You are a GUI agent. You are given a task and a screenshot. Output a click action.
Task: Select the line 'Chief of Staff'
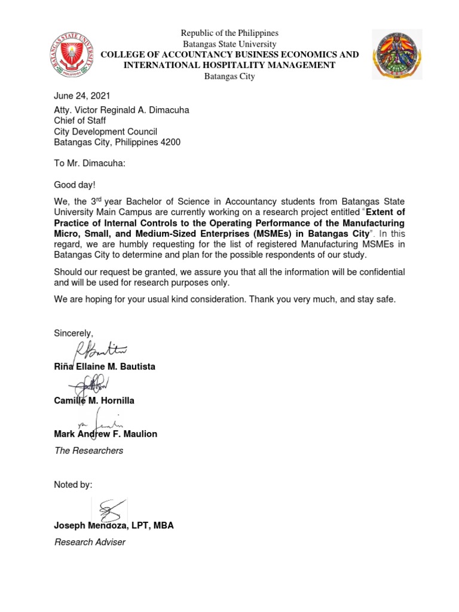pyautogui.click(x=80, y=121)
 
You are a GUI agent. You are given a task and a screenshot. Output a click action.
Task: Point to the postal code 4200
pyautogui.click(x=168, y=142)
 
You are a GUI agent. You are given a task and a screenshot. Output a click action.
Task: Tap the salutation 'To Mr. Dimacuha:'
pyautogui.click(x=90, y=164)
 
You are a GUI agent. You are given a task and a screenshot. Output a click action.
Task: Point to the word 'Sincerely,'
pyautogui.click(x=74, y=332)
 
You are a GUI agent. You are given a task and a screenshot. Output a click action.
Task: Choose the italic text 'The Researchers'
pyautogui.click(x=88, y=451)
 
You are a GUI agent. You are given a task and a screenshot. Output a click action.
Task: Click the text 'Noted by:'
pyautogui.click(x=73, y=484)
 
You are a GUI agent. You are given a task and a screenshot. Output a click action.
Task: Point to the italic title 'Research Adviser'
pyautogui.click(x=90, y=542)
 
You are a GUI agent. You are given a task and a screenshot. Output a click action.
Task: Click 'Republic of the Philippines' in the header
pyautogui.click(x=229, y=33)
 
